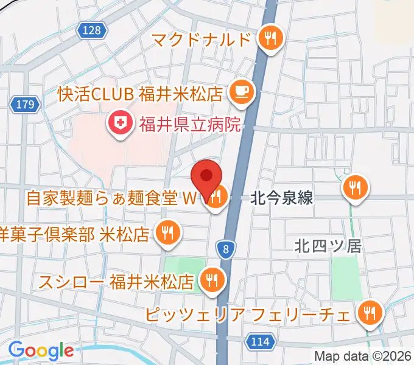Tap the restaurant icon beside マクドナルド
[268, 39]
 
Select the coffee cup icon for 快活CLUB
[240, 92]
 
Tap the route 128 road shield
[92, 30]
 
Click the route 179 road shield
[25, 105]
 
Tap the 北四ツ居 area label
[328, 246]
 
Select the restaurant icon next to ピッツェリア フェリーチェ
[369, 314]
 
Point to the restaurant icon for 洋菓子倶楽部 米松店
[167, 232]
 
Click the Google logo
[41, 350]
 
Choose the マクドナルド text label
[202, 40]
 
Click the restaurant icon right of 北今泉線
[355, 186]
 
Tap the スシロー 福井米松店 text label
[116, 282]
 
